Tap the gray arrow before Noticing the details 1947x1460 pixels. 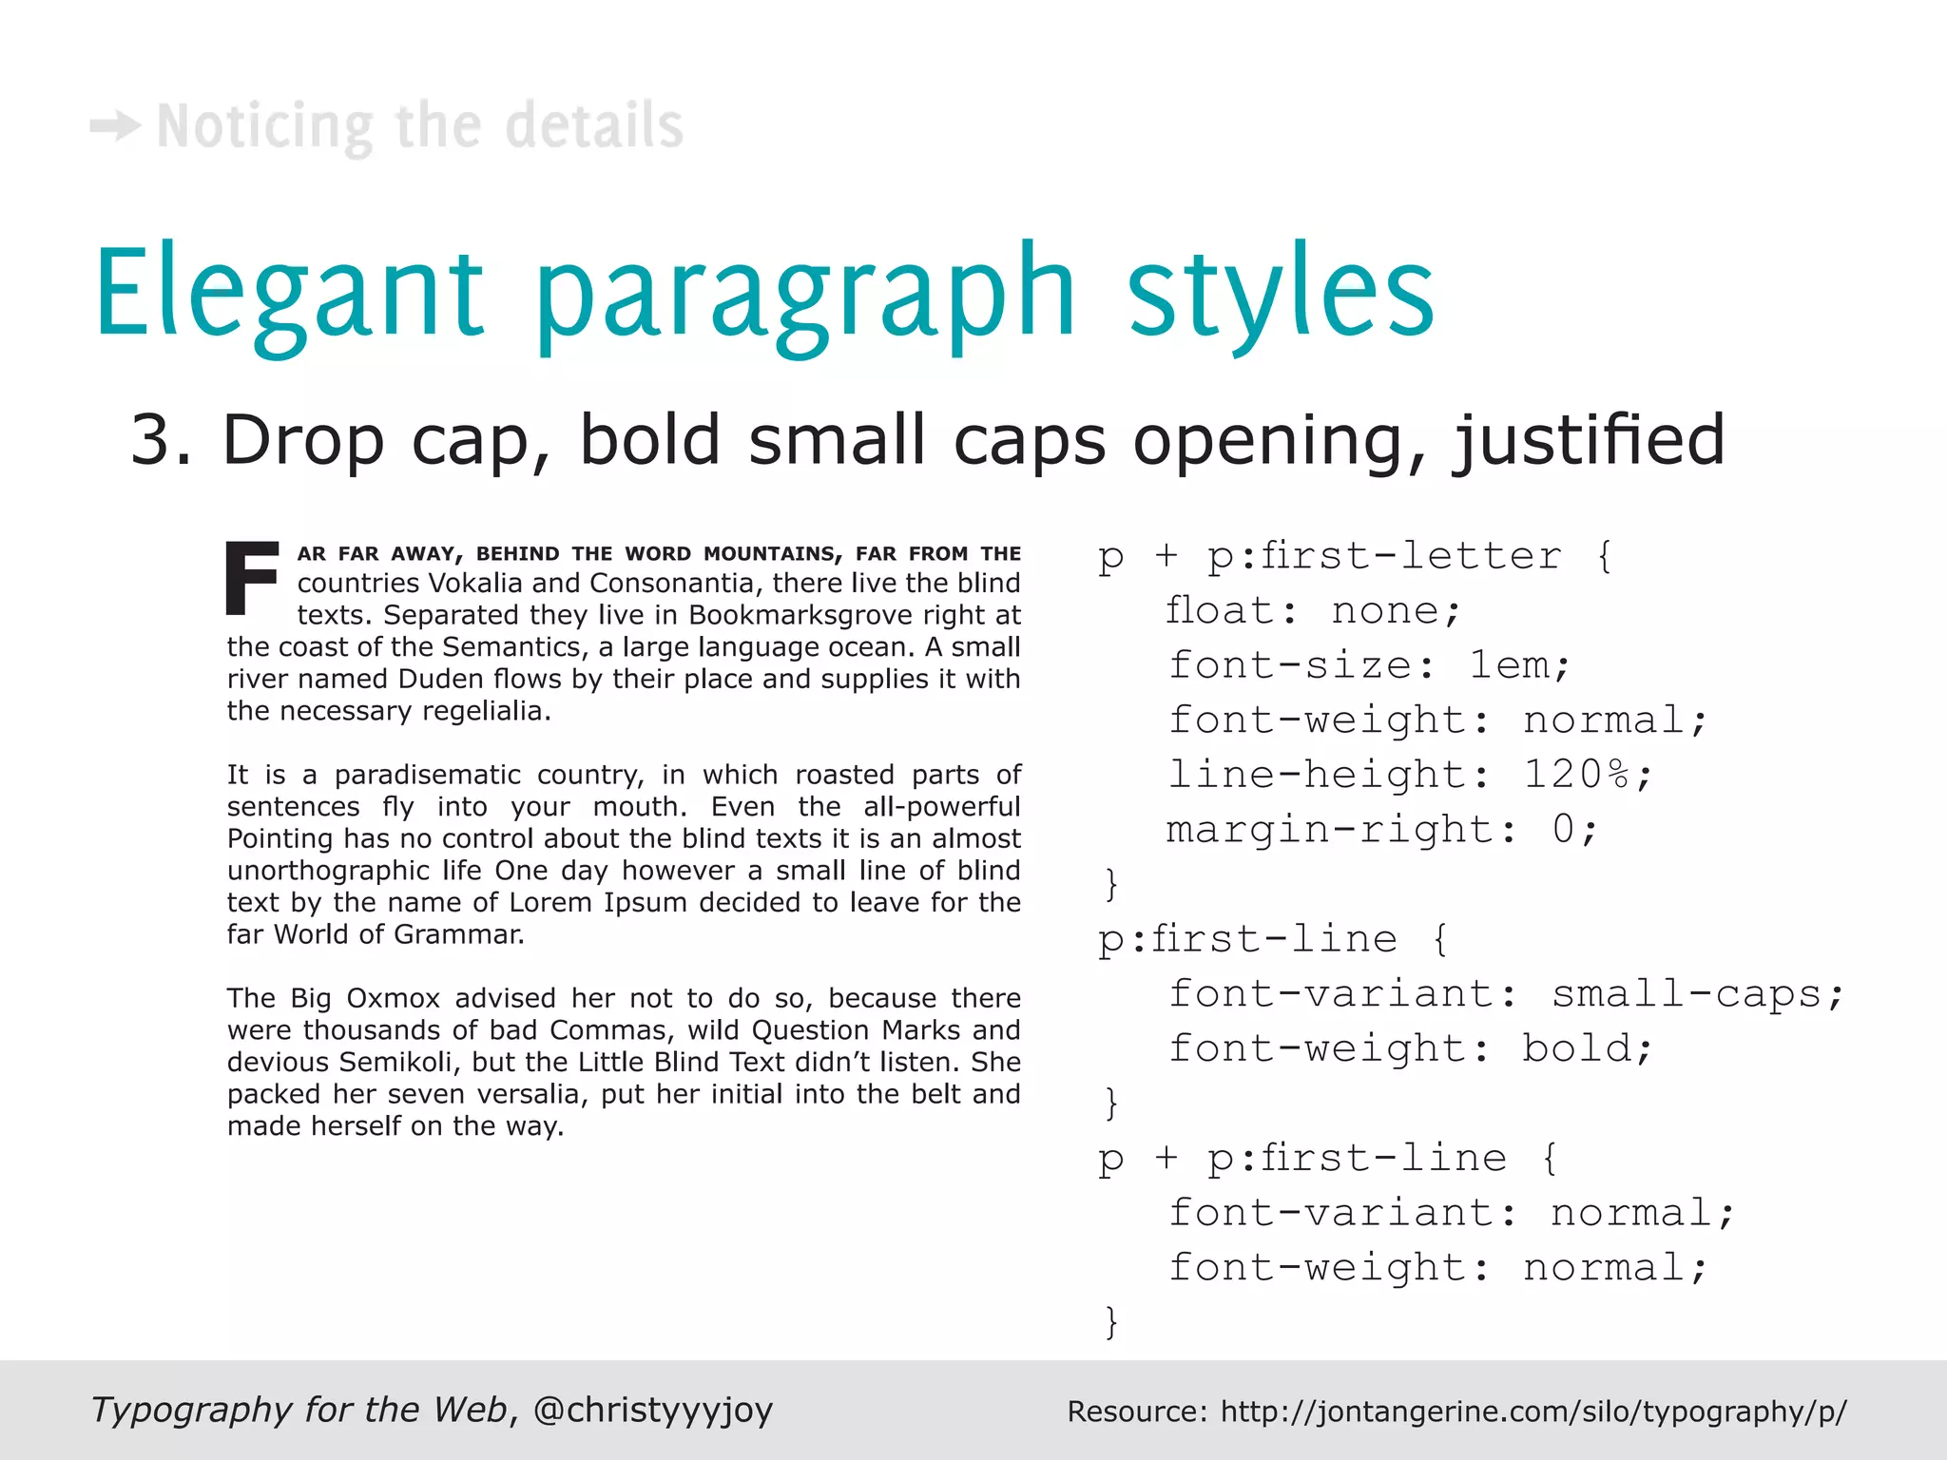tap(116, 126)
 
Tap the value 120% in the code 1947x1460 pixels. tap(1577, 775)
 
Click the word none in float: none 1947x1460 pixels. tap(1385, 610)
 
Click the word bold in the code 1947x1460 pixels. tap(1577, 1048)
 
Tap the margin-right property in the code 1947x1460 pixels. tap(1330, 830)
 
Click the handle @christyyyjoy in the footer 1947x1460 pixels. tap(653, 1410)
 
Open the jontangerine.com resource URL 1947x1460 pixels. tap(1533, 1412)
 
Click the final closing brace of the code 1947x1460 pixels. tap(1110, 1322)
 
